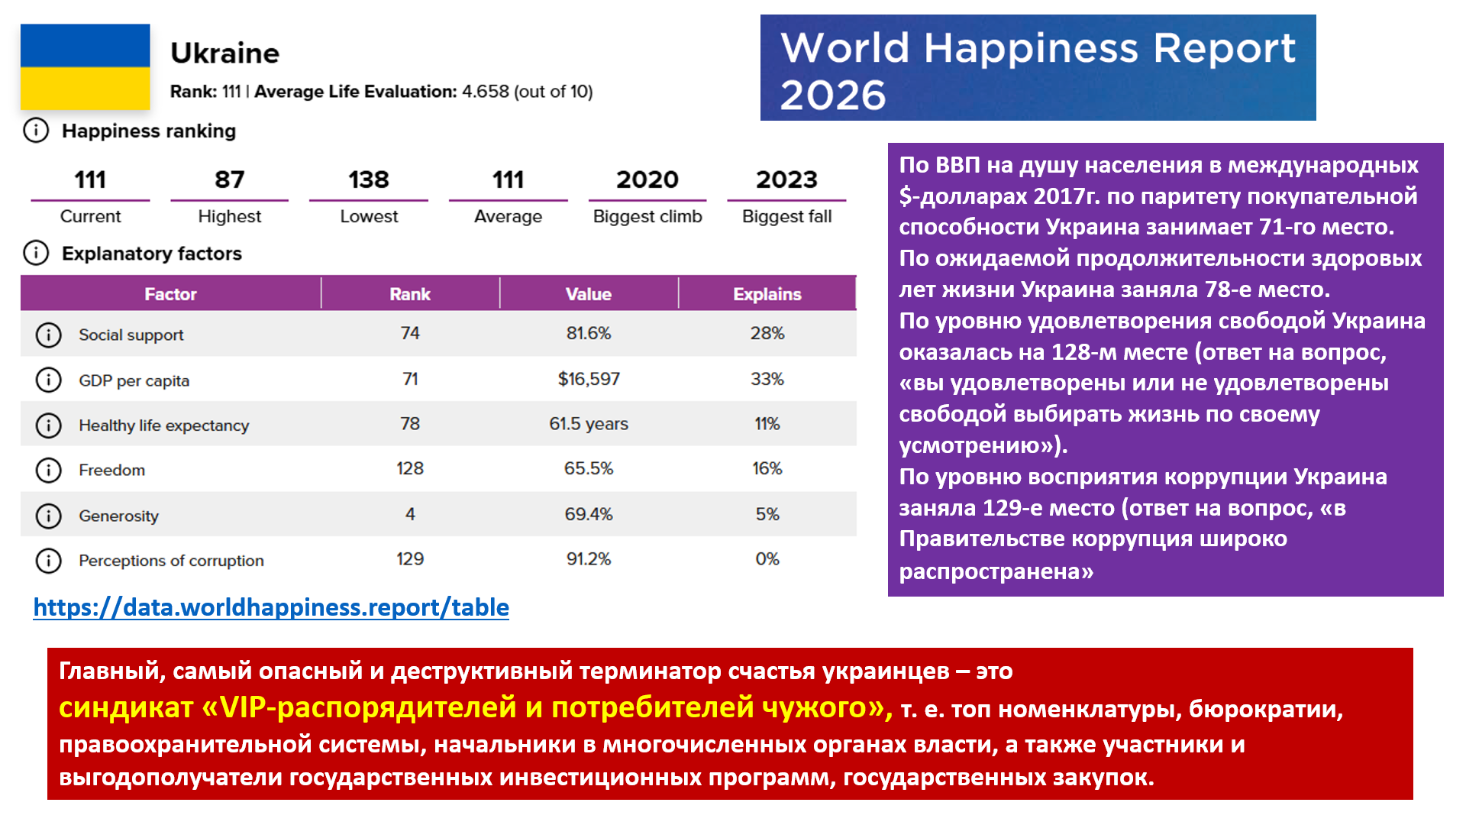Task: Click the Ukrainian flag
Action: tap(85, 67)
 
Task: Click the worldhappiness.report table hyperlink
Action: tap(271, 607)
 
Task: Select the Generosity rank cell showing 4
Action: tap(410, 514)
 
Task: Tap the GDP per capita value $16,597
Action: tap(589, 379)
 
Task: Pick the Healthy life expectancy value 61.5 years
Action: tap(589, 424)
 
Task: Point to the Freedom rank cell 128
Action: tap(410, 468)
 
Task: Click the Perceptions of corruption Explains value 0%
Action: tap(767, 559)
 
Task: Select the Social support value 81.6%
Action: tap(589, 333)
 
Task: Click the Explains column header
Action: tap(767, 294)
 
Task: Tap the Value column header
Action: tap(589, 294)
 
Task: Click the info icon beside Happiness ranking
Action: tap(36, 131)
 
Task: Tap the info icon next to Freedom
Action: tap(49, 470)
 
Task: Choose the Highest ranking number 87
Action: tap(229, 180)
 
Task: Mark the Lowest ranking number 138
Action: tap(369, 180)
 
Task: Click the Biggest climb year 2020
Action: tap(647, 180)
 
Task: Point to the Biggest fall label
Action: tap(786, 216)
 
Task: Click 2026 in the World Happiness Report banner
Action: tap(833, 95)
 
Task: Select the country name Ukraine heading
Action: tap(224, 53)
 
